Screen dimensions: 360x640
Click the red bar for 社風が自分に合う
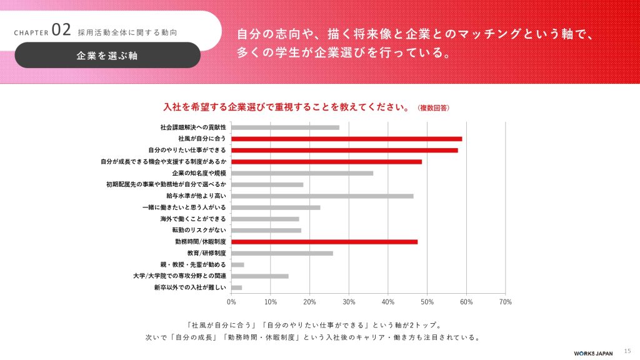pos(347,139)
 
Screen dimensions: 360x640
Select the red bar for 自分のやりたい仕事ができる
pos(344,150)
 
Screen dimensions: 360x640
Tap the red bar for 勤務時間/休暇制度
pos(324,241)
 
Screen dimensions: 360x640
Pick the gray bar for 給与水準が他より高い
pos(322,196)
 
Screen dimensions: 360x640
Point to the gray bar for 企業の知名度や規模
pos(302,173)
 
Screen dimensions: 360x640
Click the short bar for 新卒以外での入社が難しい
pos(237,287)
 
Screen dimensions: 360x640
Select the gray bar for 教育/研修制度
pos(282,253)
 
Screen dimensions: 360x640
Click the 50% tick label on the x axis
pos(427,302)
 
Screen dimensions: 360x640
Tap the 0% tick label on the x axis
pos(231,302)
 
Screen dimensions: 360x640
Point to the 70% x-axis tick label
pos(506,302)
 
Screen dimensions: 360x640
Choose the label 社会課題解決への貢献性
pos(192,127)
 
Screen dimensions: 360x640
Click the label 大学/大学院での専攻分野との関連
pos(179,276)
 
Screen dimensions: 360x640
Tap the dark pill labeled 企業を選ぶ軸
pos(107,55)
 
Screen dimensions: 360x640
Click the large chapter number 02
pos(61,30)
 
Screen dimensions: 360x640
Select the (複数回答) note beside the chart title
pos(433,107)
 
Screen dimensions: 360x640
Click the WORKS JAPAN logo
pos(594,351)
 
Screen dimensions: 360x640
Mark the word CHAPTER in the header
pos(31,32)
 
